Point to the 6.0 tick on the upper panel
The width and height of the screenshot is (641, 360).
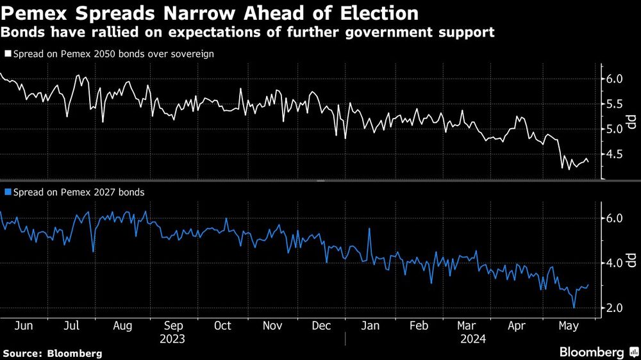pyautogui.click(x=614, y=79)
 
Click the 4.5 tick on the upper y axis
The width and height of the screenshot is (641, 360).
pyautogui.click(x=614, y=154)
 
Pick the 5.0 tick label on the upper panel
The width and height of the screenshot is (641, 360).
pyautogui.click(x=614, y=129)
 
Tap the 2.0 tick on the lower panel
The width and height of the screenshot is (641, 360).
pyautogui.click(x=614, y=308)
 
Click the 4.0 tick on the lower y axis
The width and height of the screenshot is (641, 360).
pyautogui.click(x=614, y=263)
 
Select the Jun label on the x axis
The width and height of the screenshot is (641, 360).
pyautogui.click(x=24, y=325)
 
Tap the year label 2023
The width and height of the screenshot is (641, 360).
pyautogui.click(x=172, y=338)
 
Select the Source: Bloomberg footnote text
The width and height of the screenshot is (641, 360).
pyautogui.click(x=53, y=353)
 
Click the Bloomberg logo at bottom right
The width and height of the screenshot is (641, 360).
pyautogui.click(x=597, y=352)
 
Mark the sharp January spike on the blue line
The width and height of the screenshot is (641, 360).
pyautogui.click(x=369, y=229)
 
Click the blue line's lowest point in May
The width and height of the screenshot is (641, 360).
pyautogui.click(x=574, y=308)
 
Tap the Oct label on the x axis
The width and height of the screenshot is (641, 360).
pyautogui.click(x=222, y=325)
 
